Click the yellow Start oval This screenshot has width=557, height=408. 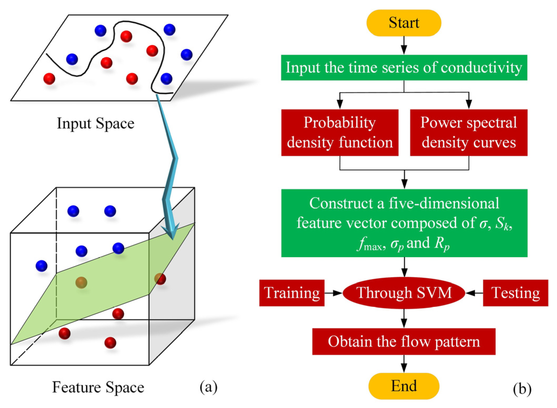[x=404, y=23]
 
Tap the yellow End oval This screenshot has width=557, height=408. [x=404, y=386]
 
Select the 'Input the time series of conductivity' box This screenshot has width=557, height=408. [x=404, y=68]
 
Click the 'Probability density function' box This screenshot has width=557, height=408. [x=340, y=133]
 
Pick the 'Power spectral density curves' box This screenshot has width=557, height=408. [x=468, y=133]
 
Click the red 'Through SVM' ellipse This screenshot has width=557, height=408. [x=404, y=293]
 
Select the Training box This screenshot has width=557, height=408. [x=292, y=293]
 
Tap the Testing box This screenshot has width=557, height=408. [x=515, y=293]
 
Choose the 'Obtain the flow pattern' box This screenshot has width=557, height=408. [x=404, y=342]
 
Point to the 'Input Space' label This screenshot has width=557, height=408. [x=96, y=123]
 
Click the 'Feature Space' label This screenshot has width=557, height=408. [x=98, y=387]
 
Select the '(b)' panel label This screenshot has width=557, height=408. [x=522, y=389]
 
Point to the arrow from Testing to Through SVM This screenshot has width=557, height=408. [x=474, y=293]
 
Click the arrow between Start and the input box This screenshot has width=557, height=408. [x=404, y=46]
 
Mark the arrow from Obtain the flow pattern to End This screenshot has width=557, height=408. [x=404, y=364]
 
